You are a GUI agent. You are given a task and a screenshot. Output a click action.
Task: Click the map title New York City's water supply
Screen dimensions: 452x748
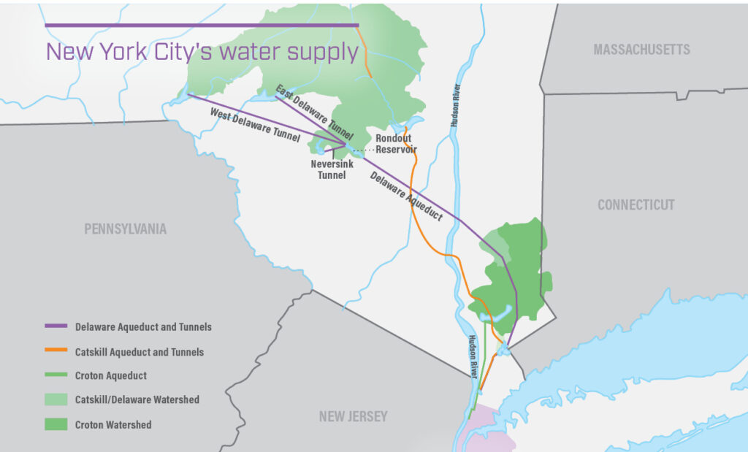point(202,52)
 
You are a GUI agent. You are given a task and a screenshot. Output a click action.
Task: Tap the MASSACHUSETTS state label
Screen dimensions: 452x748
point(641,50)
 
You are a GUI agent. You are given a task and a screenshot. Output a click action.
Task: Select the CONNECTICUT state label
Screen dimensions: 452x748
point(636,205)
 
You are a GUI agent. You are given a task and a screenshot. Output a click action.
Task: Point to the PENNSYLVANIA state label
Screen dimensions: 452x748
point(125,229)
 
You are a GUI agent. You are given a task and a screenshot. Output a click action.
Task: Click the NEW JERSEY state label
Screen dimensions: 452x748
point(353,417)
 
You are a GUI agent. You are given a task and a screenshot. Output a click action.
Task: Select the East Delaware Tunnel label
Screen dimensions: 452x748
point(314,112)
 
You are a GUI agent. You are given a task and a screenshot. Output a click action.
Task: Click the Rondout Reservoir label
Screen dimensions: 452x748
point(396,144)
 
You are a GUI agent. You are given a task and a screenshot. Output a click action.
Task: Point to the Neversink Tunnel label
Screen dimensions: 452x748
point(332,169)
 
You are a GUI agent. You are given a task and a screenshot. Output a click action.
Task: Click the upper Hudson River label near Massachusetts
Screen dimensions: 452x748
point(455,107)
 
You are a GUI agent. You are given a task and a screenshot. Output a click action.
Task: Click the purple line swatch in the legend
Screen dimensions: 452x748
point(56,326)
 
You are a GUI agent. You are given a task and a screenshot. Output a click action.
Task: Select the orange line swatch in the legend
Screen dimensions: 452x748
point(56,351)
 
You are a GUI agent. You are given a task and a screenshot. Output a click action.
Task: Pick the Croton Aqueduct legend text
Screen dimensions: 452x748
point(110,375)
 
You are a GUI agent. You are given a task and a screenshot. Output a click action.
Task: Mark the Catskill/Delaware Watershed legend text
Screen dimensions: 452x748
point(137,399)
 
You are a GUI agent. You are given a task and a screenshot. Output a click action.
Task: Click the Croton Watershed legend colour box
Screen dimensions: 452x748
point(56,424)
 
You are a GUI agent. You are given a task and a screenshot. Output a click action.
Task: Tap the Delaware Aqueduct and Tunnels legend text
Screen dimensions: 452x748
point(143,326)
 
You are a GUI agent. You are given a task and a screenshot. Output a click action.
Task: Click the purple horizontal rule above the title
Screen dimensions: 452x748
point(202,26)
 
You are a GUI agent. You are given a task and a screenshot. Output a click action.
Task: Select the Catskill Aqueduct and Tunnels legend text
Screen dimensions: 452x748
point(139,351)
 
